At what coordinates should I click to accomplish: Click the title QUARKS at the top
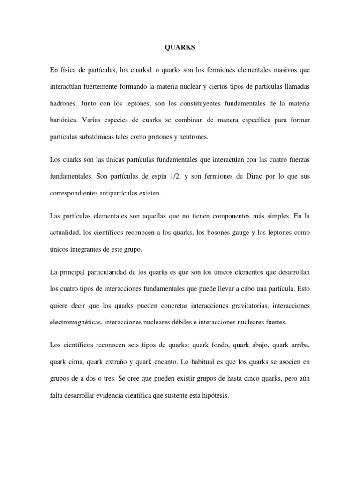coord(180,48)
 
